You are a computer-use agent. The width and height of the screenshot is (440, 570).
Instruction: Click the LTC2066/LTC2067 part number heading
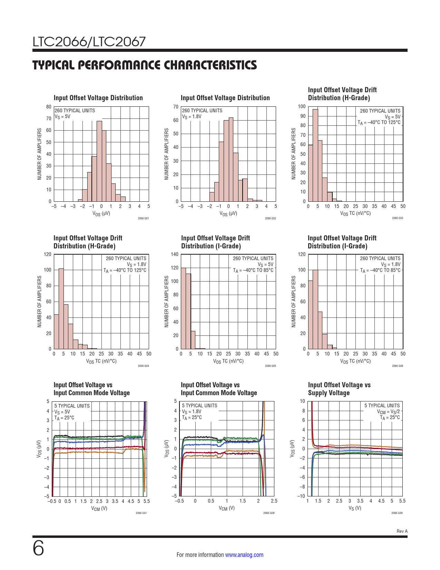pos(89,42)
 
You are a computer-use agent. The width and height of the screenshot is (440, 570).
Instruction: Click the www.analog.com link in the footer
pos(244,555)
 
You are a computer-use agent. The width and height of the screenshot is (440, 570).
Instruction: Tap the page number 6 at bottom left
pos(38,548)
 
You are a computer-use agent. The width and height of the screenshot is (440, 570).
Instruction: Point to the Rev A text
pos(402,531)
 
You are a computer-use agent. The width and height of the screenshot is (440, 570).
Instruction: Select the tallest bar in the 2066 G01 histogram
pos(99,161)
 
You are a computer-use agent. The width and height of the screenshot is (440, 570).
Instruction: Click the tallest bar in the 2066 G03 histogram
pos(315,155)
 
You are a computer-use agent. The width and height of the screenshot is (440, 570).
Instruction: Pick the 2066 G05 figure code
pos(270,366)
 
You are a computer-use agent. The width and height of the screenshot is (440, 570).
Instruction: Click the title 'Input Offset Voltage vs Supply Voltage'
pos(339,389)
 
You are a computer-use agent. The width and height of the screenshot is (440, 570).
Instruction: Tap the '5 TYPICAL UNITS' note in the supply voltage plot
pos(382,406)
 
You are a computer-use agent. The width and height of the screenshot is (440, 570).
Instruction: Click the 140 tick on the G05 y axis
pos(175,255)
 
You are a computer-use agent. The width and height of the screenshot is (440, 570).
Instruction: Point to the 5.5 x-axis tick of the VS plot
pos(402,501)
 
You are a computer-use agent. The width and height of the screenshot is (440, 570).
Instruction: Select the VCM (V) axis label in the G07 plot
pos(99,509)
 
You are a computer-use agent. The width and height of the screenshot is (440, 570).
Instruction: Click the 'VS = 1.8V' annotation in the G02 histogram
pos(192,116)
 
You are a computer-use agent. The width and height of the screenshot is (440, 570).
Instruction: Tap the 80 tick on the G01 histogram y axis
pos(49,107)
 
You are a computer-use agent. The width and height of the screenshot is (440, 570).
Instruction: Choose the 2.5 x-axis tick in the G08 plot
pos(274,501)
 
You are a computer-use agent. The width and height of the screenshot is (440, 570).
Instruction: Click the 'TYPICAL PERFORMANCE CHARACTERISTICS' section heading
pos(145,65)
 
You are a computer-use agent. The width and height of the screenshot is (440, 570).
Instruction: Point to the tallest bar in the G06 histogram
pos(315,309)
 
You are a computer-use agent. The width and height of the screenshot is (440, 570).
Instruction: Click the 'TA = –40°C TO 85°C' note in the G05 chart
pos(253,270)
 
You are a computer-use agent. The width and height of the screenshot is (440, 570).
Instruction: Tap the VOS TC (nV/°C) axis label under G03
pos(355,213)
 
